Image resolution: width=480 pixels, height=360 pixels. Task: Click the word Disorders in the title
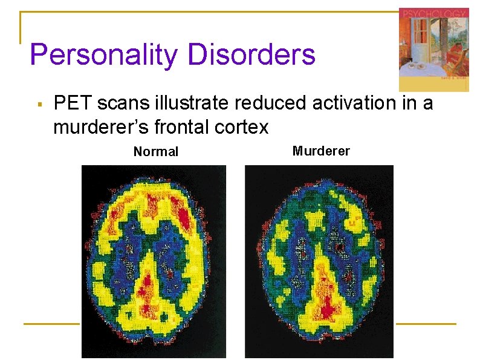point(251,54)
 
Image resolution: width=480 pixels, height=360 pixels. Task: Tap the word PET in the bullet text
point(73,103)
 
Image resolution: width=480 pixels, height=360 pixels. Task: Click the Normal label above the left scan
point(156,152)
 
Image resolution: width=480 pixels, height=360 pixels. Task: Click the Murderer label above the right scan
point(321,151)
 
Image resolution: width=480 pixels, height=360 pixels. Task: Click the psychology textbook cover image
point(433,50)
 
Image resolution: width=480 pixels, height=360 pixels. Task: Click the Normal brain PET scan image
point(154,260)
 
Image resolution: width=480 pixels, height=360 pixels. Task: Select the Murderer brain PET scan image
point(319,260)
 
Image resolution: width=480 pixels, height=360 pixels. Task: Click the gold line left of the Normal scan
point(51,324)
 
